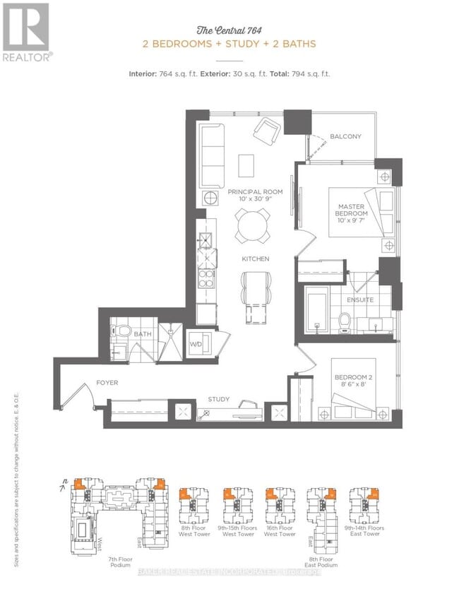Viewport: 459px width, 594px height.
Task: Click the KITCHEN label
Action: pos(255,259)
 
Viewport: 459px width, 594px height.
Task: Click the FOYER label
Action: pos(107,383)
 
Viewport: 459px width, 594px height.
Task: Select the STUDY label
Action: pos(219,400)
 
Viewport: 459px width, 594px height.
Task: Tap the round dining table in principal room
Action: pos(252,227)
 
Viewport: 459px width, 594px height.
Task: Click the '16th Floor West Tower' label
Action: pos(280,530)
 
